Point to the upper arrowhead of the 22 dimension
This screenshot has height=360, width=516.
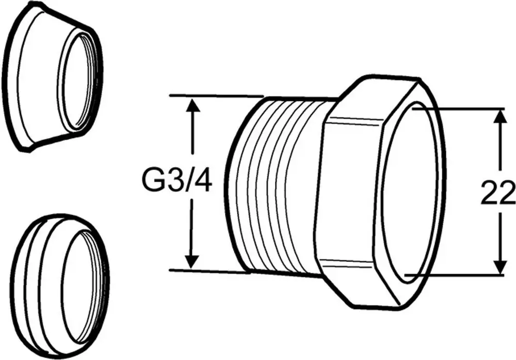coord(500,117)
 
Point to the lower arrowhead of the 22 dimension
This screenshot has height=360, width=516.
coord(500,266)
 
